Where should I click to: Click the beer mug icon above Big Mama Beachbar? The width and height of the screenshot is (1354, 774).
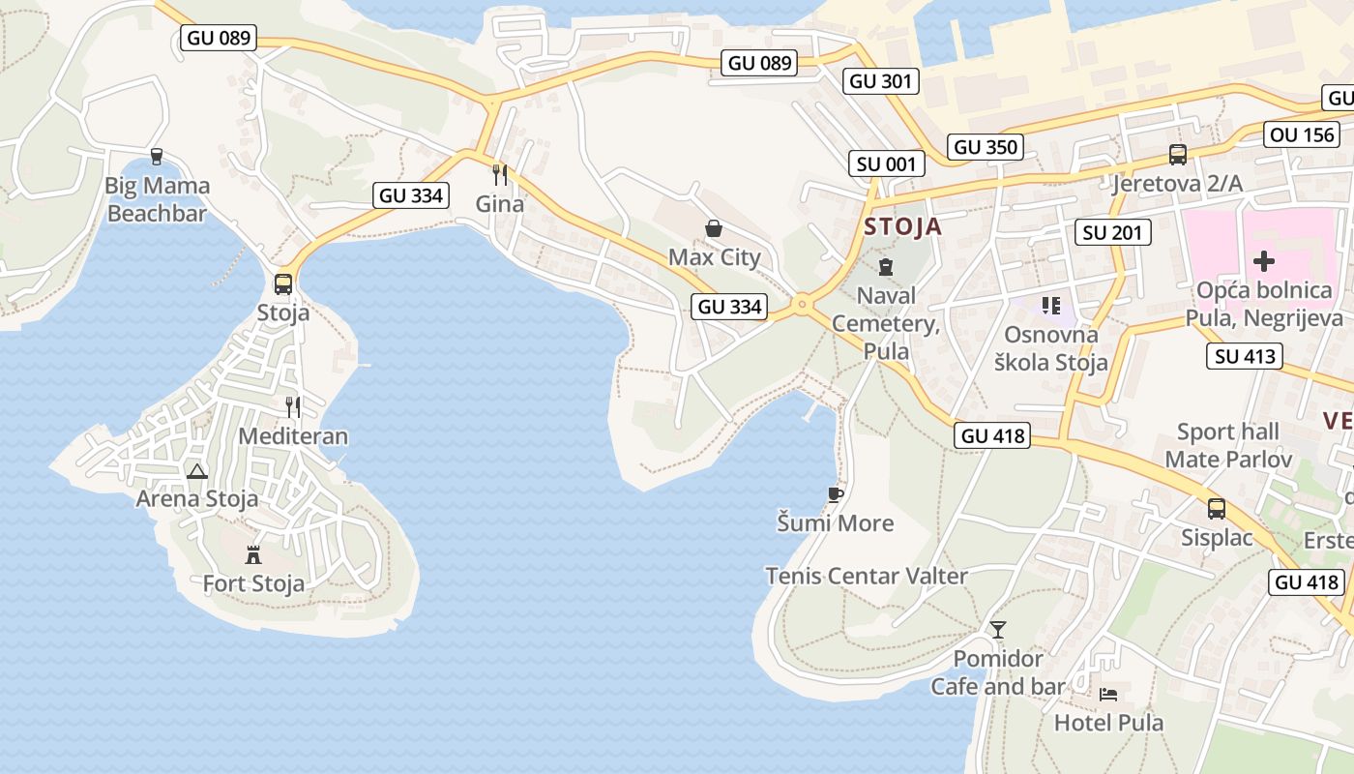point(157,156)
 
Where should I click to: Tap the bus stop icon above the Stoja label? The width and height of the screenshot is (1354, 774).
point(283,284)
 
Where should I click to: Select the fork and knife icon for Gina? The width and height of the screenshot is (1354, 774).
point(500,175)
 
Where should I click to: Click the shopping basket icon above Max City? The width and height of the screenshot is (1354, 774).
point(714,228)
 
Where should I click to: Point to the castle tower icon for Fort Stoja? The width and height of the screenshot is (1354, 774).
point(253,554)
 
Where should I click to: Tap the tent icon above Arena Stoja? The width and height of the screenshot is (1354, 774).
point(197,471)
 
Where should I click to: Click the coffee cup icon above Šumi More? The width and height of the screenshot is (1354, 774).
point(836,494)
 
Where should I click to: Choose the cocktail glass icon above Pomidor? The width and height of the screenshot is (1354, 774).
point(998,630)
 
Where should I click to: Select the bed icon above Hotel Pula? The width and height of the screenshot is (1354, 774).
point(1108,695)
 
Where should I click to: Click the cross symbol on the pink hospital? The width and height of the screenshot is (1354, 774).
point(1264,261)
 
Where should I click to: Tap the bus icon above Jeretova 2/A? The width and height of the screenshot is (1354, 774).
point(1177,154)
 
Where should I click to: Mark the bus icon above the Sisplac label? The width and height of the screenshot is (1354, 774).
point(1217,508)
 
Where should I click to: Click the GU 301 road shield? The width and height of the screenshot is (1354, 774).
point(880,81)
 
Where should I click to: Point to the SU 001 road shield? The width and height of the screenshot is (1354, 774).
point(885,164)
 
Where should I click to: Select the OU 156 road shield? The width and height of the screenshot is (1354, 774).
point(1303,134)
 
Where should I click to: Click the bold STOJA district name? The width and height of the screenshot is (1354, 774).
point(902,227)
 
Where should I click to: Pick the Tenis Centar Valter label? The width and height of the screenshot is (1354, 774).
point(867,576)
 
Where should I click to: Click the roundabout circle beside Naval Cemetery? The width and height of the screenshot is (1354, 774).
point(801,306)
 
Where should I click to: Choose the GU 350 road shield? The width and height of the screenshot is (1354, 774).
point(986,147)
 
